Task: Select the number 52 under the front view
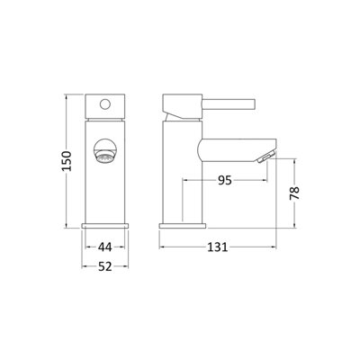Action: (x=106, y=265)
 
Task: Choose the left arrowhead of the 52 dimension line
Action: (x=84, y=265)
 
